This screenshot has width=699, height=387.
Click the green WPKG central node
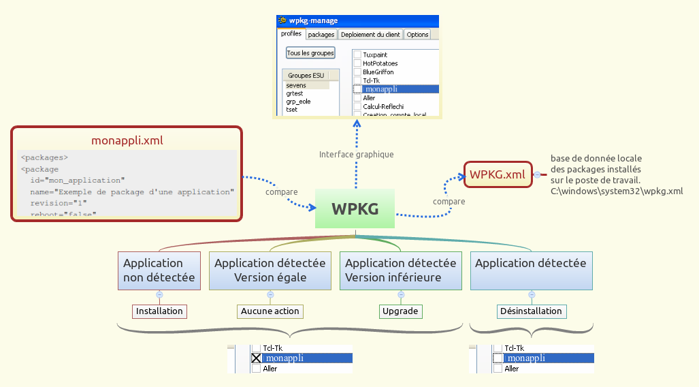pyautogui.click(x=355, y=209)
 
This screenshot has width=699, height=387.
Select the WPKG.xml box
pyautogui.click(x=497, y=174)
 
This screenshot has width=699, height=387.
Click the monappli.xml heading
pyautogui.click(x=127, y=140)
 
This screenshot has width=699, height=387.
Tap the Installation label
pyautogui.click(x=159, y=311)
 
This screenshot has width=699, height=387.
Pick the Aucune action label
pyautogui.click(x=270, y=311)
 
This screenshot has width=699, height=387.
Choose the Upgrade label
pyautogui.click(x=401, y=311)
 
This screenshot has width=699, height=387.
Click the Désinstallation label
pyautogui.click(x=531, y=311)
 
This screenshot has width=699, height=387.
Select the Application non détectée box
pyautogui.click(x=159, y=270)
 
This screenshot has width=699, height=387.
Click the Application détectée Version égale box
pyautogui.click(x=270, y=270)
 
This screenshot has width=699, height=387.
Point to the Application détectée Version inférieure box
pyautogui.click(x=401, y=270)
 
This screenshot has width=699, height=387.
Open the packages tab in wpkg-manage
pyautogui.click(x=321, y=34)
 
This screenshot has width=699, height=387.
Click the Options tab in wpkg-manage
pyautogui.click(x=417, y=34)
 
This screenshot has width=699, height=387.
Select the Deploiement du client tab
pyautogui.click(x=370, y=34)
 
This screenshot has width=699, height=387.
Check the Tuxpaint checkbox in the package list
pyautogui.click(x=357, y=55)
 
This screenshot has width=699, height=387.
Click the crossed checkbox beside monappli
pyautogui.click(x=256, y=358)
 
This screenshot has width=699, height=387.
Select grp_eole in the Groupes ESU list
pyautogui.click(x=298, y=102)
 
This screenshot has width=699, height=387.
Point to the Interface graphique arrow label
pyautogui.click(x=356, y=155)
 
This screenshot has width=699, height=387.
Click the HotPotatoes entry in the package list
pyautogui.click(x=380, y=63)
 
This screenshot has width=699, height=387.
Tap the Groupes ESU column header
pyautogui.click(x=306, y=76)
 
